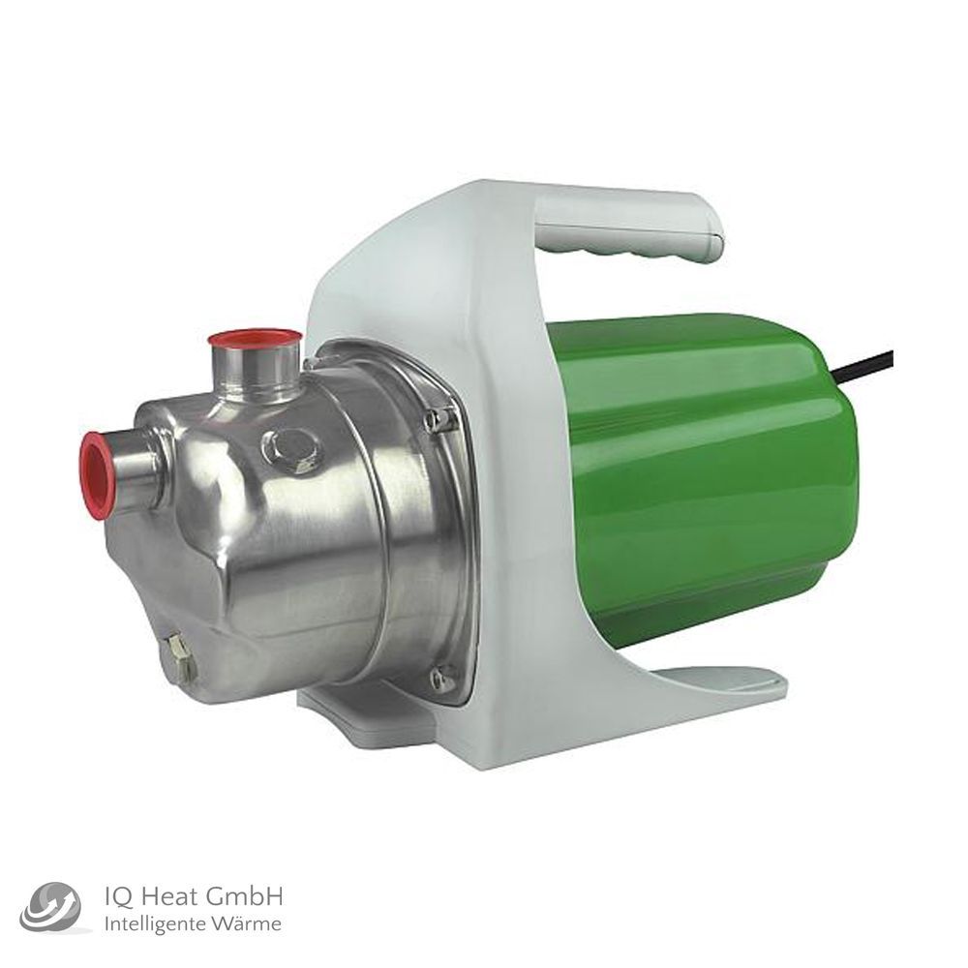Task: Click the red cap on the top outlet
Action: click(255, 338)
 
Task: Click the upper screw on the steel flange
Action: click(438, 419)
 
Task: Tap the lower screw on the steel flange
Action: click(442, 678)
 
